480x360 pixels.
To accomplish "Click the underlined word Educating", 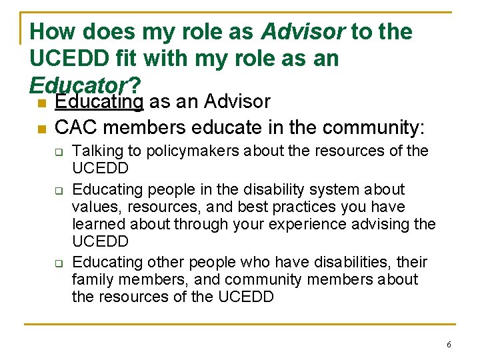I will pyautogui.click(x=99, y=102).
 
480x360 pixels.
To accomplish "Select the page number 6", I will pyautogui.click(x=449, y=345).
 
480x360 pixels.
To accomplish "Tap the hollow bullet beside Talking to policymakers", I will pyautogui.click(x=58, y=153).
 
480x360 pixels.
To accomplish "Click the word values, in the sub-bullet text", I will pyautogui.click(x=93, y=207).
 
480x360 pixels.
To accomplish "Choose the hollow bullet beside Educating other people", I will pyautogui.click(x=58, y=263).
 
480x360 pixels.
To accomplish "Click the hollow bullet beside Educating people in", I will pyautogui.click(x=58, y=191).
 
